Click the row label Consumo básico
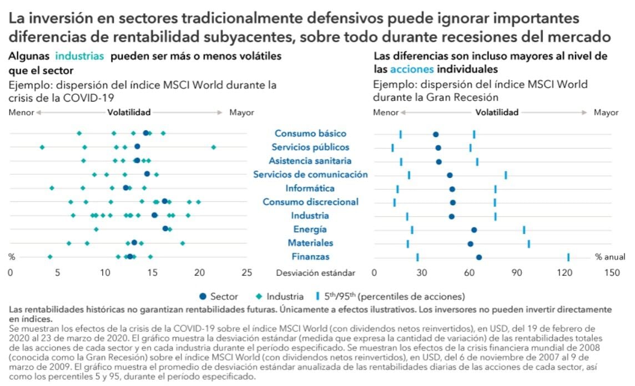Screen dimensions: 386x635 310,134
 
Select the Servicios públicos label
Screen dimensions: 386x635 310,147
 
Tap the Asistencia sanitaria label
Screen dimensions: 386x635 310,161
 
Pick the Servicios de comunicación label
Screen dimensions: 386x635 310,175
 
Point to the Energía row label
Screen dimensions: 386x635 310,229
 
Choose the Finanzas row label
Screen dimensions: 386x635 310,257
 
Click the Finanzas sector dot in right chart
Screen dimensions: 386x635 479,257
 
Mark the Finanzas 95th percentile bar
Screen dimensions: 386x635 568,257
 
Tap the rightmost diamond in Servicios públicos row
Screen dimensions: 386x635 214,147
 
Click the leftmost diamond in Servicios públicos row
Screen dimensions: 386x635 42,147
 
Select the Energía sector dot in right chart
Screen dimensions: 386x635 474,229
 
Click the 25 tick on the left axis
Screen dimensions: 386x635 246,273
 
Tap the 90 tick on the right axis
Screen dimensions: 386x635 517,273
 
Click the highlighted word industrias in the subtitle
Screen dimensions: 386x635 79,57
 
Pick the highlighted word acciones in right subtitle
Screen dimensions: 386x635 412,70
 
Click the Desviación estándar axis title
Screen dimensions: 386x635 315,273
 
